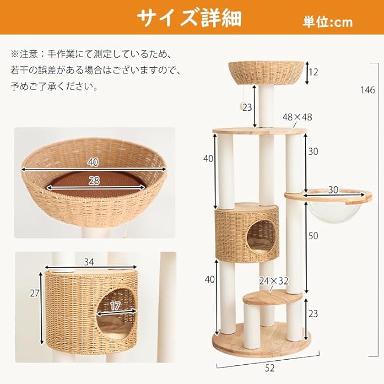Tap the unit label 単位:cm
point(327,22)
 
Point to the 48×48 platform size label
point(297,118)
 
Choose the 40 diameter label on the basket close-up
point(94,162)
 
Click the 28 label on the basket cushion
point(95,180)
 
